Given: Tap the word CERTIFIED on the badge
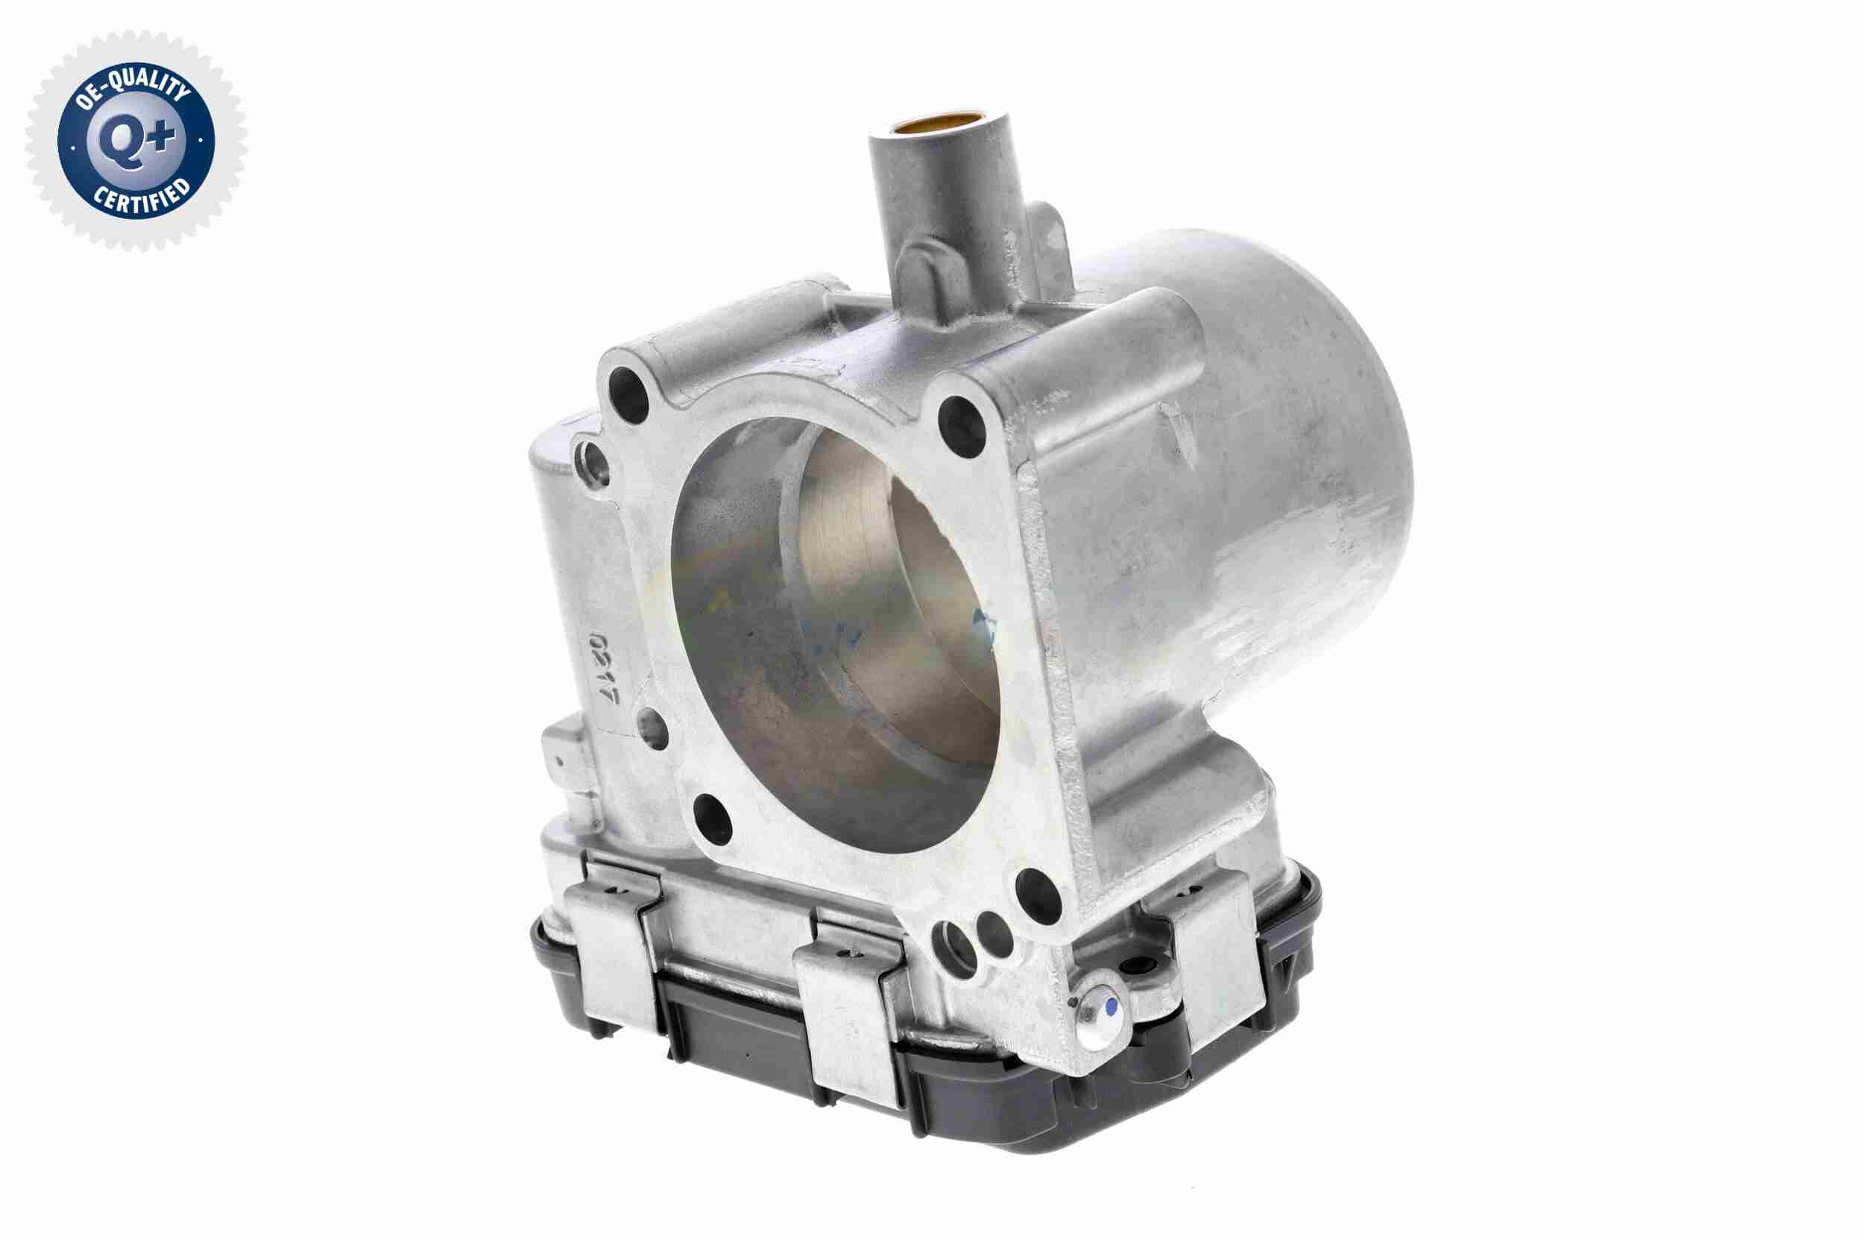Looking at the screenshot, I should (142, 198).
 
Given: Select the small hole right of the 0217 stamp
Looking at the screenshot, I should (651, 727).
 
